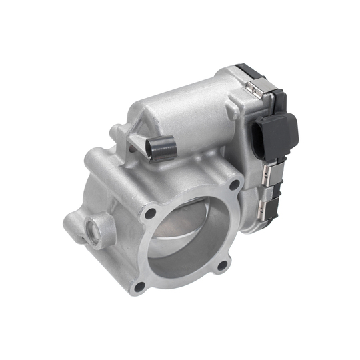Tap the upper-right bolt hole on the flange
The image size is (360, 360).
click(x=234, y=185)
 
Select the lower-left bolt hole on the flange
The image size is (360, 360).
click(x=140, y=286)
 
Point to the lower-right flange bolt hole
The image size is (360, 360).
click(x=223, y=266)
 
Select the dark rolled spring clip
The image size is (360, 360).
click(x=162, y=149)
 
